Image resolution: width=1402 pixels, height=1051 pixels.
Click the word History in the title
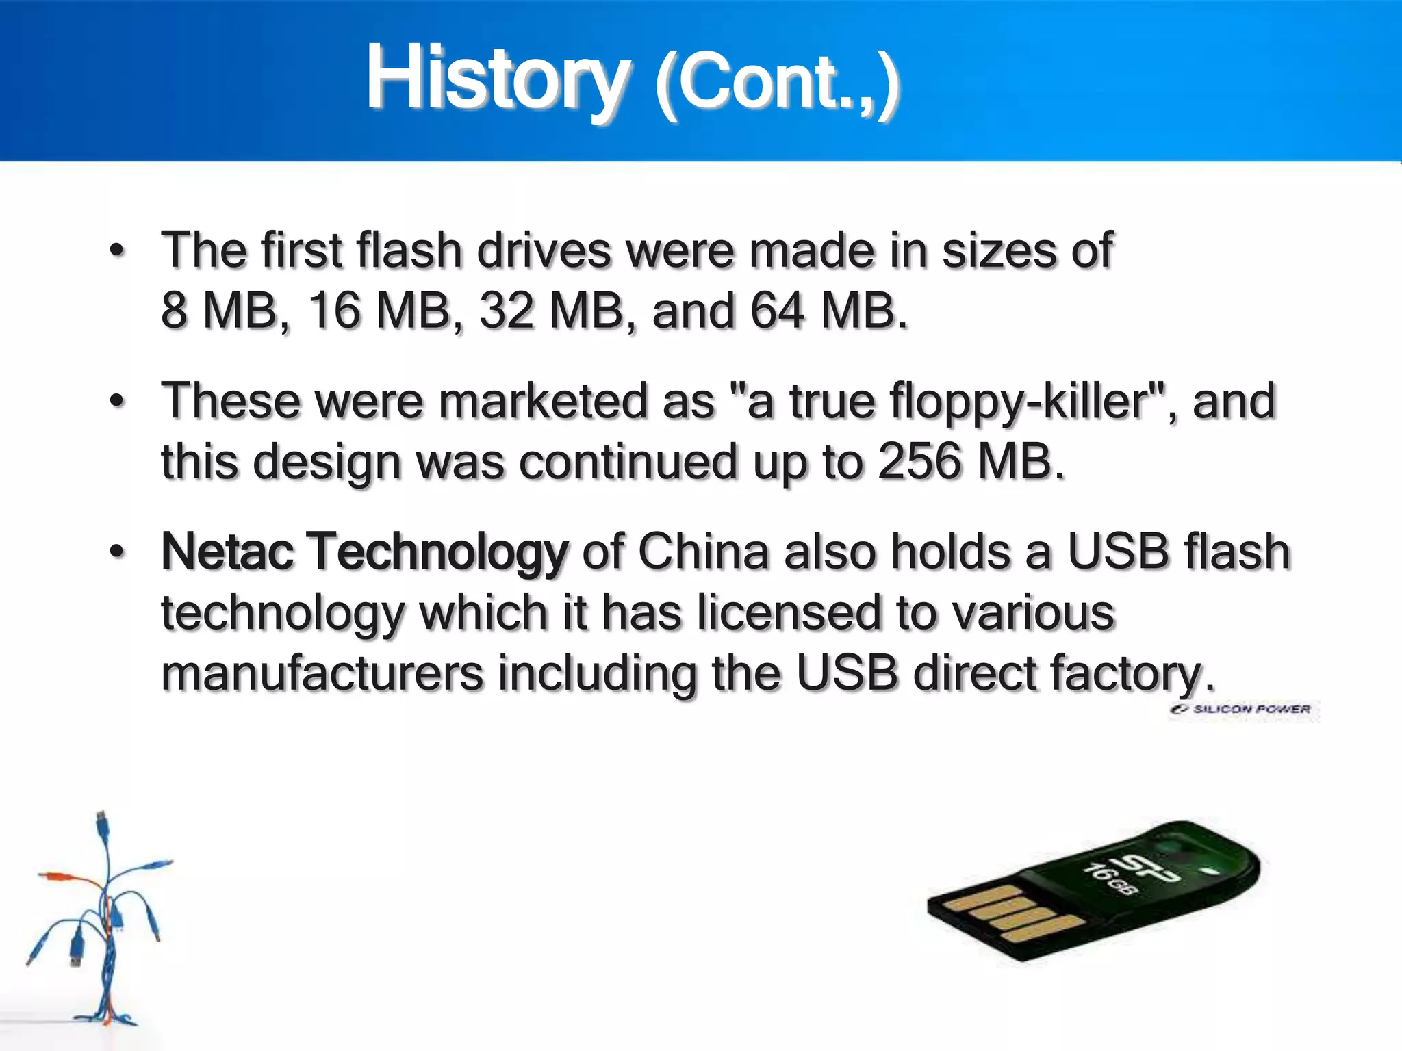[496, 79]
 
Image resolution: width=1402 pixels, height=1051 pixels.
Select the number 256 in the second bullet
[920, 461]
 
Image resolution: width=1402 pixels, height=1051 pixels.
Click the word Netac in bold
[226, 552]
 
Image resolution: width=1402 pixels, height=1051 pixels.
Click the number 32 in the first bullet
[507, 311]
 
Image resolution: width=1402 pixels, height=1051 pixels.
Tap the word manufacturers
[322, 673]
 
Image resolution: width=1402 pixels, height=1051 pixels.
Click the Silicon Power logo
[1243, 710]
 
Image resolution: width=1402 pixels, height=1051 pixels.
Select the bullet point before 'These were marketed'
[118, 402]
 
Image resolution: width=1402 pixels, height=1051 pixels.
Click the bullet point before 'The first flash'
[118, 250]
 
